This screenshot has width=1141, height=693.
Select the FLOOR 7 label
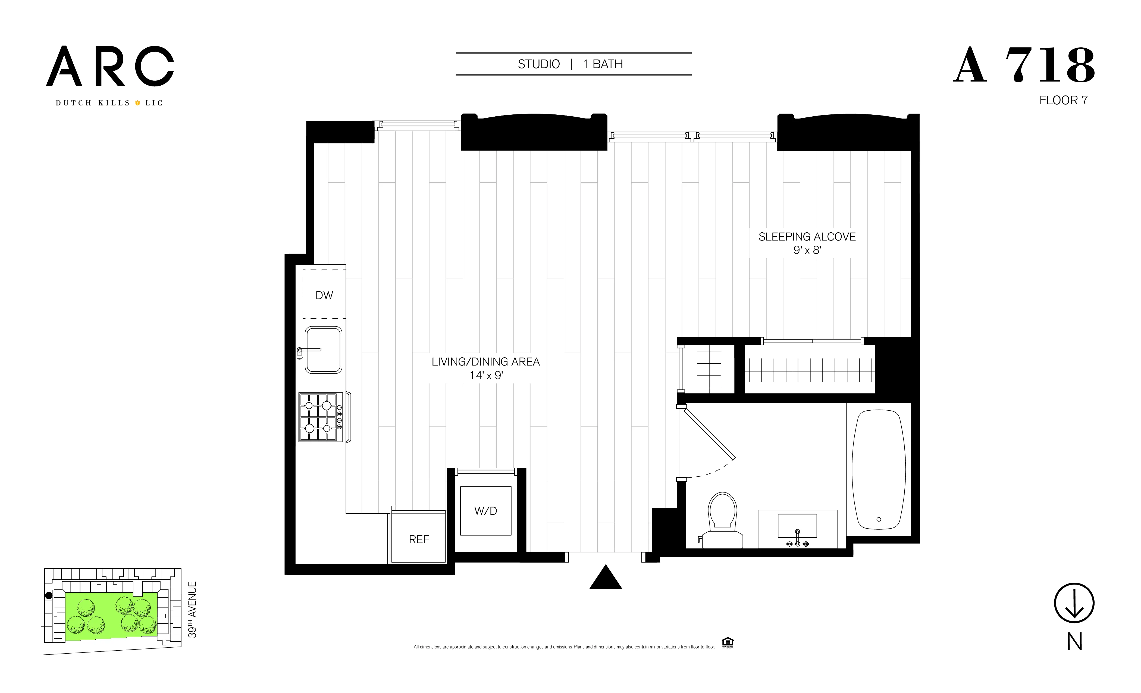(1063, 100)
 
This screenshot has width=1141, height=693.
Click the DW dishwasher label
(324, 295)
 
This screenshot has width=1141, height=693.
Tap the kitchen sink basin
(323, 350)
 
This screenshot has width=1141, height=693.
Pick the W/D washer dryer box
(485, 510)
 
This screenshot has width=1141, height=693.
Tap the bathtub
(879, 469)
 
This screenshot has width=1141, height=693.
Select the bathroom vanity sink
(797, 527)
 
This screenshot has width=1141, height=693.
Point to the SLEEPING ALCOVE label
(807, 237)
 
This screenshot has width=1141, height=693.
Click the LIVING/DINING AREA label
(485, 362)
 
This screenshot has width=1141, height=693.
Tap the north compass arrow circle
(1074, 603)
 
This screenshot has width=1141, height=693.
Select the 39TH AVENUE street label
(192, 609)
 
